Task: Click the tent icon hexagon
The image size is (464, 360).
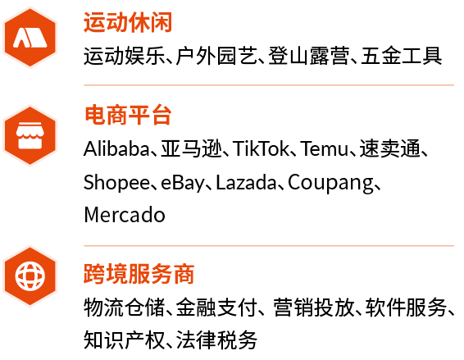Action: [x=30, y=38]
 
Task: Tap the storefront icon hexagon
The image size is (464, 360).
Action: [x=30, y=135]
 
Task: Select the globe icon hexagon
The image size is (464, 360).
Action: [x=30, y=276]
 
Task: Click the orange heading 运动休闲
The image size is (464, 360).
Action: [x=128, y=22]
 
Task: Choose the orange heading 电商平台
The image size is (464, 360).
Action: [x=128, y=115]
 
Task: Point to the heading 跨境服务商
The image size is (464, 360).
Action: [x=139, y=274]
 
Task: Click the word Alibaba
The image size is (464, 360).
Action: [x=116, y=148]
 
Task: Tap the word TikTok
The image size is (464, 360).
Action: [x=261, y=148]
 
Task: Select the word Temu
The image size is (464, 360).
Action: [x=325, y=148]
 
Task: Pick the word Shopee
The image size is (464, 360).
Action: [x=116, y=182]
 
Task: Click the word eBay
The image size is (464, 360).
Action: [x=183, y=183]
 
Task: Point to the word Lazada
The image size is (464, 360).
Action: [x=246, y=182]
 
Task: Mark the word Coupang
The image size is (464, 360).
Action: [x=330, y=183]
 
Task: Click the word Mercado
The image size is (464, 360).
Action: [x=125, y=215]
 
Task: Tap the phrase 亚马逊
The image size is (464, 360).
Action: [x=192, y=148]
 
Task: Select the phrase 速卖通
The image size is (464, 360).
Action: [x=390, y=148]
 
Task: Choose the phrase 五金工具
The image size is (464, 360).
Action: [x=401, y=56]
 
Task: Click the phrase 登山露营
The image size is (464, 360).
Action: [x=309, y=56]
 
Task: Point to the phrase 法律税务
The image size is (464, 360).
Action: [x=216, y=339]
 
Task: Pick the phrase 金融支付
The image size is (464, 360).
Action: [x=216, y=307]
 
